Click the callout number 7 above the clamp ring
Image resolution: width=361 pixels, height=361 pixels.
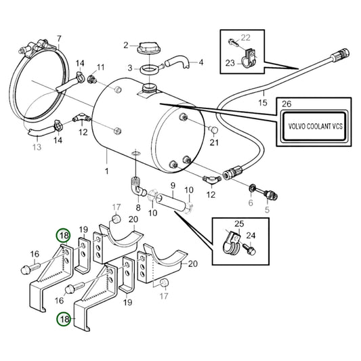coord(59,39)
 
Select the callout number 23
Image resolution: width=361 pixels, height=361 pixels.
coord(230,64)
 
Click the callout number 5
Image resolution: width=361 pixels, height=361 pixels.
coord(266,210)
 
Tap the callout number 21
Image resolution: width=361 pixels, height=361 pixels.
coord(215,143)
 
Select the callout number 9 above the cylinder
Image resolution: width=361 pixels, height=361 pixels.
coord(172,186)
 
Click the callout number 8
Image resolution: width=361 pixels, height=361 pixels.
coord(138,209)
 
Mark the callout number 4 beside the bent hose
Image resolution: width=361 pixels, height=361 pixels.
coord(200,63)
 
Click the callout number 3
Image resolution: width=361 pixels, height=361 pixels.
coord(130,68)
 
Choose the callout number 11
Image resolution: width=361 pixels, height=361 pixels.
coord(101,67)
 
